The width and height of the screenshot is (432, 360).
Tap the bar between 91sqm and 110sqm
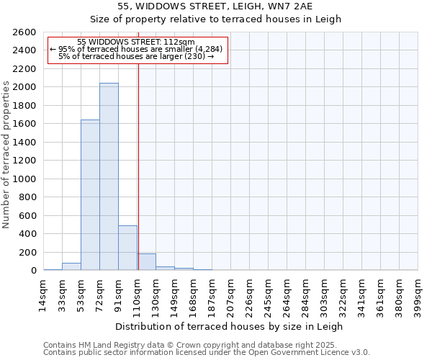pyautogui.click(x=127, y=248)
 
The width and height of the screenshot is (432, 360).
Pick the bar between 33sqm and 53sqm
pyautogui.click(x=71, y=266)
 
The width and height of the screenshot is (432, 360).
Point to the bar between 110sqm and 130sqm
pyautogui.click(x=146, y=262)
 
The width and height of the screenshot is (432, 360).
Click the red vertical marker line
pyautogui.click(x=138, y=166)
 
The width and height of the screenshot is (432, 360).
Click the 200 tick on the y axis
pyautogui.click(x=30, y=253)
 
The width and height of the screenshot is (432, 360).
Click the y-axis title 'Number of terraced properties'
pyautogui.click(x=6, y=155)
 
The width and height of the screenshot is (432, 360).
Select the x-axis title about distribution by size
pyautogui.click(x=230, y=326)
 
